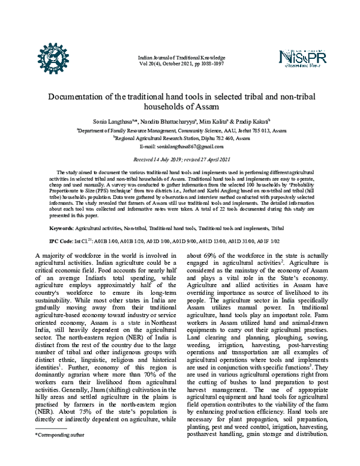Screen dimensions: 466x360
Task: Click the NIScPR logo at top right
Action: (x=304, y=57)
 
